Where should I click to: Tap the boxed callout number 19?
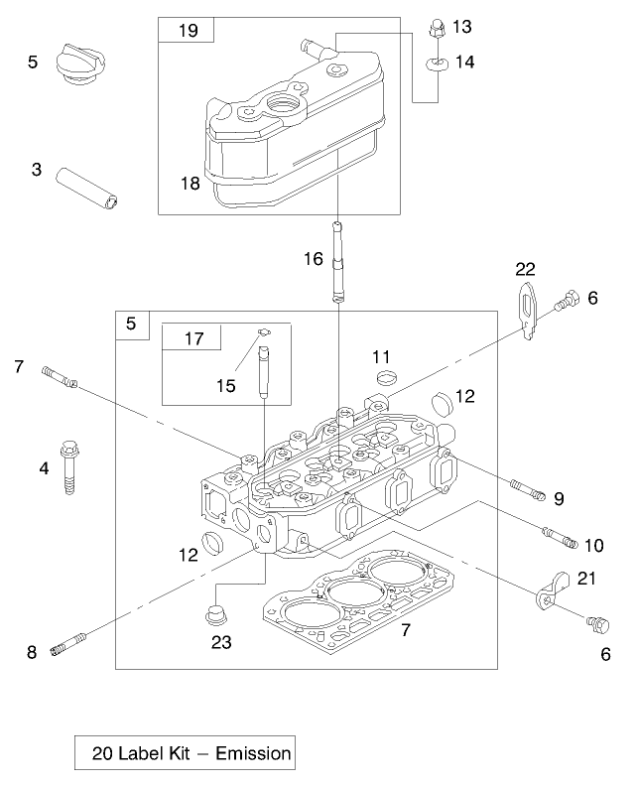point(187,31)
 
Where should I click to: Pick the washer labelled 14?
point(435,64)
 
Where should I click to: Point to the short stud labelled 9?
point(527,489)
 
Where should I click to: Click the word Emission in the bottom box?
point(259,753)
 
